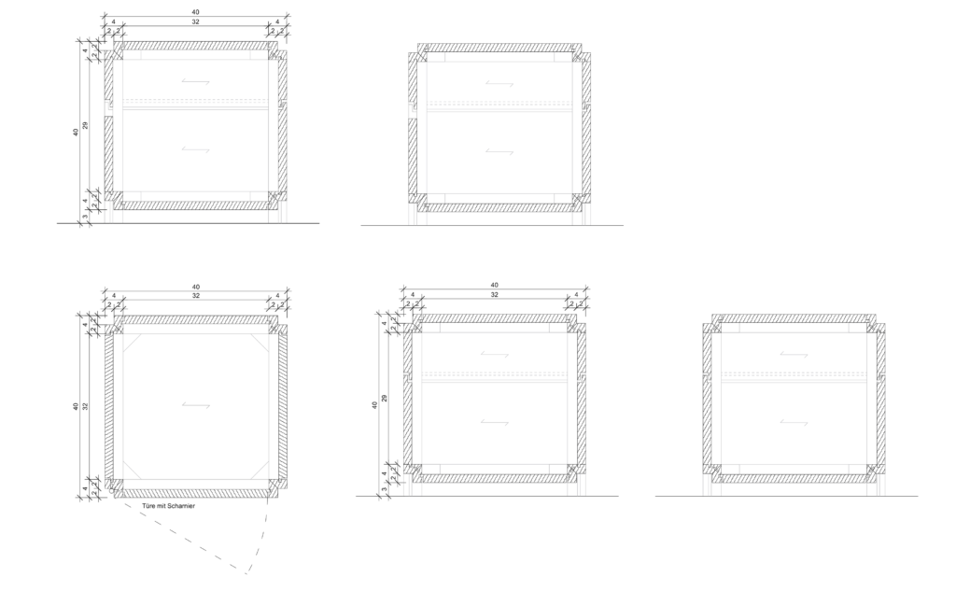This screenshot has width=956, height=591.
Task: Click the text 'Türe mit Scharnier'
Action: [x=168, y=506]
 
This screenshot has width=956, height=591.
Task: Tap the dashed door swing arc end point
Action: [x=246, y=574]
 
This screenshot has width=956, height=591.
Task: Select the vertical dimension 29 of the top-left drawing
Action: [x=86, y=125]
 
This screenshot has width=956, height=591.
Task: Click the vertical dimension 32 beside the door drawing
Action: [x=86, y=405]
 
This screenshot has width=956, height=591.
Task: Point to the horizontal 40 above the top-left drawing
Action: [x=196, y=12]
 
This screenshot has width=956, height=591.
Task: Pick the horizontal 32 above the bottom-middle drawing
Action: [x=495, y=295]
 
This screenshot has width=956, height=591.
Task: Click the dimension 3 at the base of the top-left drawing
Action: [x=85, y=217]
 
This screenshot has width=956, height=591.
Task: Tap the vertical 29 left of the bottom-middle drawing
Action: [x=385, y=399]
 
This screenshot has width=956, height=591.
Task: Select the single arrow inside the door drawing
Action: [x=196, y=405]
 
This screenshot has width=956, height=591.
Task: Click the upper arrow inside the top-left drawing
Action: [x=196, y=82]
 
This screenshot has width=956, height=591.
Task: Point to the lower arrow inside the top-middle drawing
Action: [x=499, y=151]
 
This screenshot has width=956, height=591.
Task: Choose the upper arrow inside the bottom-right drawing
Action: [x=794, y=355]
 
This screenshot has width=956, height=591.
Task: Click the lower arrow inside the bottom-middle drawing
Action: [x=495, y=421]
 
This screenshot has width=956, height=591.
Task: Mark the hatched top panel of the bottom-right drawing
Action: [x=794, y=319]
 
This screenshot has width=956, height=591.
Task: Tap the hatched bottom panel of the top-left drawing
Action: [x=196, y=205]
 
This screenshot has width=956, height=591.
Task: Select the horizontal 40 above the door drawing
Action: [x=196, y=287]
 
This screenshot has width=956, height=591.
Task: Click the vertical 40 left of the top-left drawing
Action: [x=77, y=132]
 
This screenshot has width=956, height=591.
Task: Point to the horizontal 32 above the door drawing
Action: [x=196, y=296]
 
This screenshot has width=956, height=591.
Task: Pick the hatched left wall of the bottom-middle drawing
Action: [x=408, y=399]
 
